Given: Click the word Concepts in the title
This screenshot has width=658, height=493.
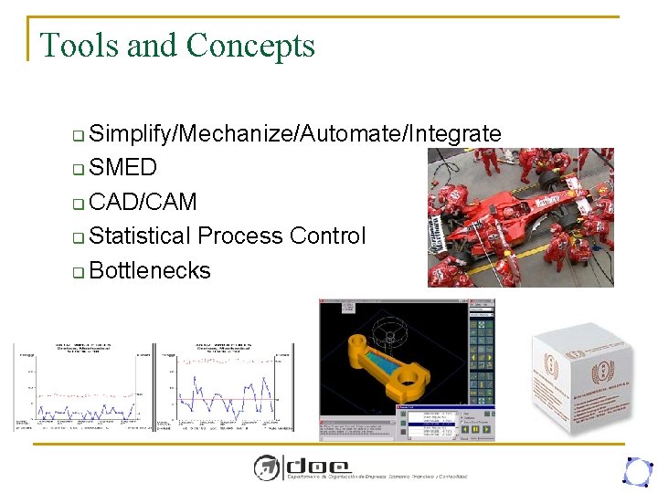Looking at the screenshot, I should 250,46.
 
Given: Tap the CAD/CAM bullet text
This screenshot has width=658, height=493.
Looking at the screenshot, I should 143,202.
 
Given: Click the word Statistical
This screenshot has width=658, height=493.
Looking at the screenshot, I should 141,236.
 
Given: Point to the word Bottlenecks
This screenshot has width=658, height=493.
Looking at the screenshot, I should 150,270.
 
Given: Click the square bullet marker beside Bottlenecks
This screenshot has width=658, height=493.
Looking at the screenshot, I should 79,272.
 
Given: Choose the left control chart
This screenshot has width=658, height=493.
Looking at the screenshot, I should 82,387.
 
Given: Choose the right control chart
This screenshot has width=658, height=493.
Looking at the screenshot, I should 225,387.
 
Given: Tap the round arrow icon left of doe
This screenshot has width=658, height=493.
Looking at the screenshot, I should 267,467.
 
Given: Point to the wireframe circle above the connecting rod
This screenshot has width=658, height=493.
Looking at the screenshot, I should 388,333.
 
